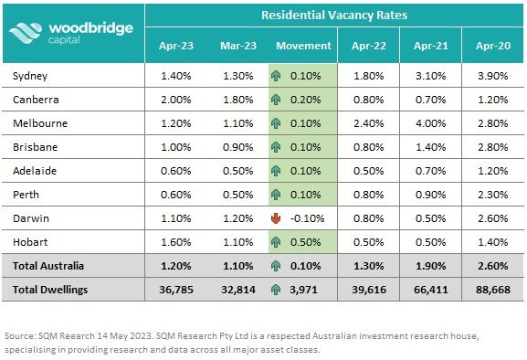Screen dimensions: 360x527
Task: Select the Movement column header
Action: [302, 45]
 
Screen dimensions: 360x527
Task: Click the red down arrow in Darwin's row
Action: [275, 217]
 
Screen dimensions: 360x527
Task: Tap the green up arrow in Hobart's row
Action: [275, 241]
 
